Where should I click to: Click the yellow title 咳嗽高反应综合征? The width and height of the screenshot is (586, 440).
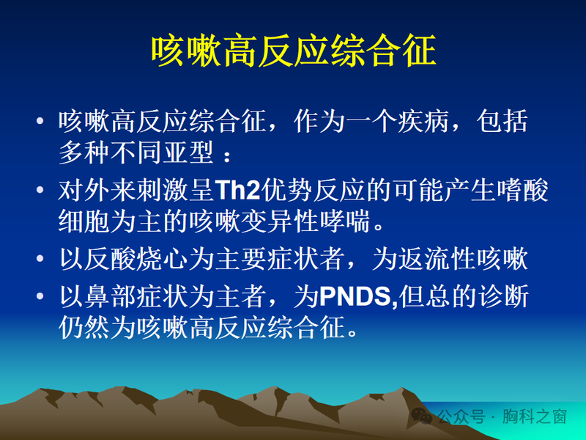click(x=293, y=50)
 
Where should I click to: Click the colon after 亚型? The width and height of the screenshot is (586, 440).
click(x=229, y=155)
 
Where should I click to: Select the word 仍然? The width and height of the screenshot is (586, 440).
click(x=81, y=328)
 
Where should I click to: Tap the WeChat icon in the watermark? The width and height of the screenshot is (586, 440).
click(x=421, y=417)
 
